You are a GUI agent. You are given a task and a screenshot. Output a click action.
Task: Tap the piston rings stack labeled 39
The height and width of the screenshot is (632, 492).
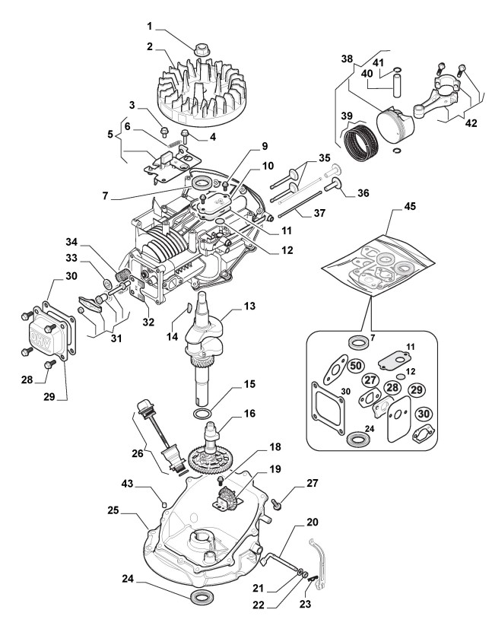tap(362, 141)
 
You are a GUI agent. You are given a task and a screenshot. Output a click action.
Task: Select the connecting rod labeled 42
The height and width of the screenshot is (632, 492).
tap(436, 96)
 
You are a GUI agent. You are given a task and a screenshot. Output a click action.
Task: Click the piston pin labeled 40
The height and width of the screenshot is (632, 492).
tap(397, 84)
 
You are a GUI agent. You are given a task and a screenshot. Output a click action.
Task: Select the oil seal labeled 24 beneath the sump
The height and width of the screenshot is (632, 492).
tap(199, 598)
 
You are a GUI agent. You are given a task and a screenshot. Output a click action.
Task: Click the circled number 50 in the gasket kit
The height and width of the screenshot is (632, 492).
tap(356, 366)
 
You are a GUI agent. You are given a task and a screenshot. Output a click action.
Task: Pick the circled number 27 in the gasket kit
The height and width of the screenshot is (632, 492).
tap(371, 380)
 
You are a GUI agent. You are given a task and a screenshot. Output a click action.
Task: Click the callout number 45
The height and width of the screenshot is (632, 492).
tap(410, 206)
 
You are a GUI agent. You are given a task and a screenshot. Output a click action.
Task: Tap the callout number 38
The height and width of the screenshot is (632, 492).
tap(347, 59)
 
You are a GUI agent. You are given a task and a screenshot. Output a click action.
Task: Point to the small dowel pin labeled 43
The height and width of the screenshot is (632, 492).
tap(163, 503)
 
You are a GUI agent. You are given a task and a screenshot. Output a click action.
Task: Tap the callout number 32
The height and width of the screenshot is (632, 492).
tap(148, 322)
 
